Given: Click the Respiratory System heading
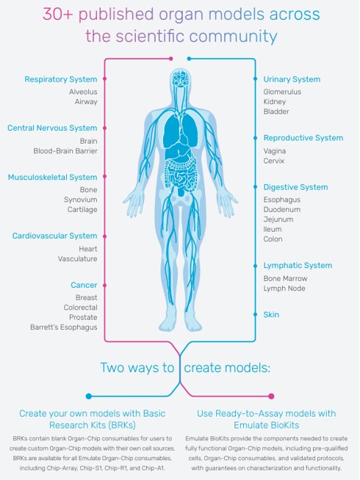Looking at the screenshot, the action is coord(61,79).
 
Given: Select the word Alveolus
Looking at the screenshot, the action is coord(83,92).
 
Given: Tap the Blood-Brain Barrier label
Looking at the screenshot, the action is coord(65,151).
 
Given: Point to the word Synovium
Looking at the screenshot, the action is coord(81,200).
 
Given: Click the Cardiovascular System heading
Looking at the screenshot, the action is coord(54,236).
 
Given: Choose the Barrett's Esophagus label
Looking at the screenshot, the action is coord(64,327).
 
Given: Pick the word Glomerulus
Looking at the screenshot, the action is coord(282,92).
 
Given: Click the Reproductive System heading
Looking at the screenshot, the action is coord(303,138).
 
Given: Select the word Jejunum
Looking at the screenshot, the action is coord(278,219).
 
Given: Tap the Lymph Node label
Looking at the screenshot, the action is coord(284,288).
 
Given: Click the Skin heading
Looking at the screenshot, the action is coord(271,315).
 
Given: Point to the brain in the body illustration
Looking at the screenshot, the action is coord(181,79).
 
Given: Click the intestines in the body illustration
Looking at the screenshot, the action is coord(180,172).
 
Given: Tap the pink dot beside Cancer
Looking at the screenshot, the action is coord(104,286).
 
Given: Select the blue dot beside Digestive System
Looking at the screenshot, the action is coord(255,187).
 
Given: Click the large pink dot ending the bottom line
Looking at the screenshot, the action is coord(271,396).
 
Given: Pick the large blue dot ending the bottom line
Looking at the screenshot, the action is coord(89,396).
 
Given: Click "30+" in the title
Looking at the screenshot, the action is coord(57,15).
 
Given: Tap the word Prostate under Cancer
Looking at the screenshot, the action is coord(83,318).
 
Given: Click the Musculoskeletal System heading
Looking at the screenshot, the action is coord(52,178).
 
